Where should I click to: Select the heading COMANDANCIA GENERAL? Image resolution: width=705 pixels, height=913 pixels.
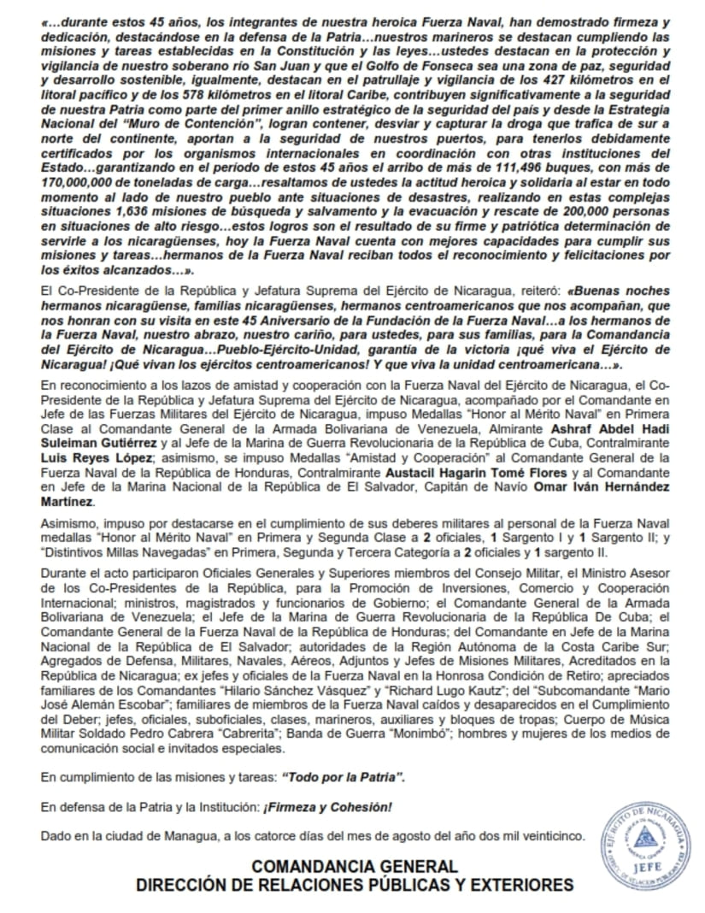click(354, 866)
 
